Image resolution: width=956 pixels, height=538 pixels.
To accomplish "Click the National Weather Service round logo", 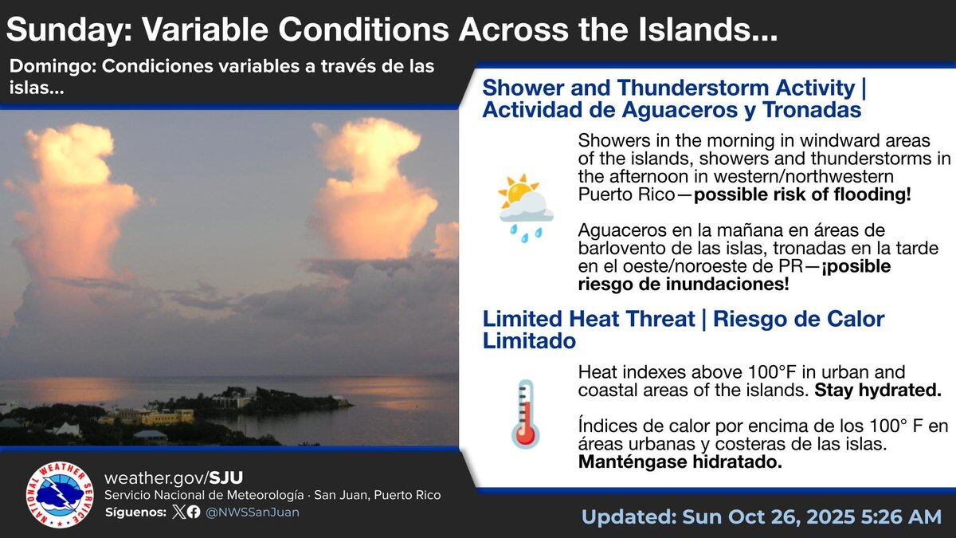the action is pyautogui.click(x=60, y=494).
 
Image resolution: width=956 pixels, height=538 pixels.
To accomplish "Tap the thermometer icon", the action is pyautogui.click(x=525, y=414).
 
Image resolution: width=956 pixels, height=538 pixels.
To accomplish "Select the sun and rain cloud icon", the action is pyautogui.click(x=526, y=208).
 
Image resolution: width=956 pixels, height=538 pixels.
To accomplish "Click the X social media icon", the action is pyautogui.click(x=178, y=512).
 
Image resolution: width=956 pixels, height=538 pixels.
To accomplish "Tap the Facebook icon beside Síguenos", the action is pyautogui.click(x=194, y=512).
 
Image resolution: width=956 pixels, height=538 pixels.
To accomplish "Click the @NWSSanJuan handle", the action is pyautogui.click(x=253, y=512).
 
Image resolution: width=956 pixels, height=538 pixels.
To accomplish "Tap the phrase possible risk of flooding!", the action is pyautogui.click(x=802, y=194).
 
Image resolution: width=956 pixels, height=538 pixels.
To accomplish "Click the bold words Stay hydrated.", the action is pyautogui.click(x=878, y=390).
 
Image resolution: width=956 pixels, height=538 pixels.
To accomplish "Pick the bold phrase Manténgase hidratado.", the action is pyautogui.click(x=680, y=461).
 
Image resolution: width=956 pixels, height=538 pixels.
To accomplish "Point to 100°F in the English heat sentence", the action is pyautogui.click(x=772, y=372).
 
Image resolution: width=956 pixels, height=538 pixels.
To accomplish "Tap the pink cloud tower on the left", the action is pyautogui.click(x=72, y=201).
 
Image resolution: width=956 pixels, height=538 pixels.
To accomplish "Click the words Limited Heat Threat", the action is pyautogui.click(x=589, y=319).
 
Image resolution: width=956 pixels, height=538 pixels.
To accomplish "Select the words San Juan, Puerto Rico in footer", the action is pyautogui.click(x=378, y=495).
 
